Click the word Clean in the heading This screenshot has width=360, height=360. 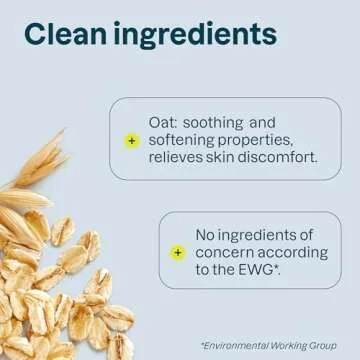tap(67, 37)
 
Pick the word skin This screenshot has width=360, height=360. tap(226, 159)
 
